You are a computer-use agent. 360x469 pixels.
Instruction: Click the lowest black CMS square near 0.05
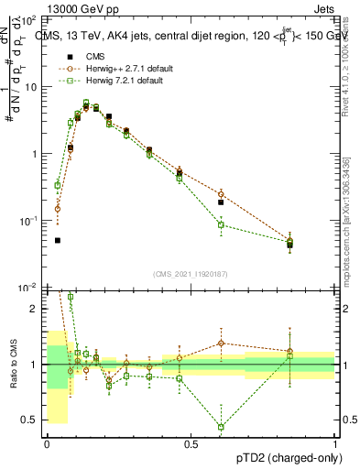click(x=58, y=240)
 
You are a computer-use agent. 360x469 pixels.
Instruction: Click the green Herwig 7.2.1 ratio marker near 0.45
click(x=222, y=427)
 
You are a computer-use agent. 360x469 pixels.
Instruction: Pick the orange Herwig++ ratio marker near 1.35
click(x=222, y=344)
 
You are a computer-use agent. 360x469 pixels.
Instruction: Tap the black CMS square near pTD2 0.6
click(x=222, y=202)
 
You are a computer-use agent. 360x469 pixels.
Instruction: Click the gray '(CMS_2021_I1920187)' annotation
click(x=191, y=274)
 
